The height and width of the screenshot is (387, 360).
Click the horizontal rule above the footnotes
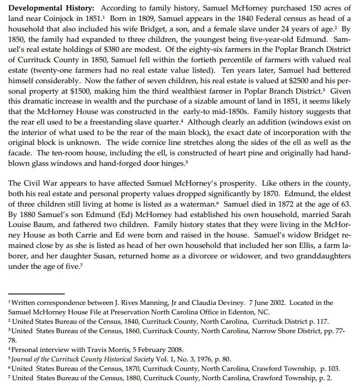(x=37, y=293)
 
